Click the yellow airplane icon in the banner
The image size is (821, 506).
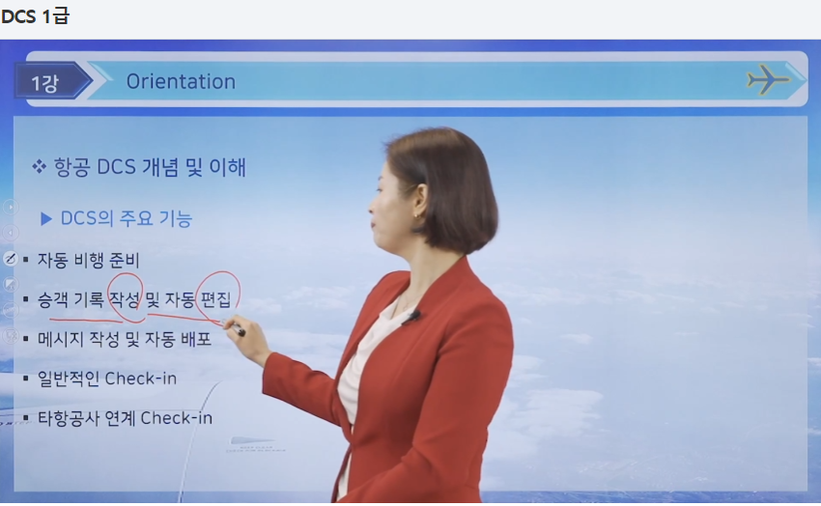pyautogui.click(x=768, y=79)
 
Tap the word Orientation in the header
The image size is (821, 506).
pyautogui.click(x=181, y=82)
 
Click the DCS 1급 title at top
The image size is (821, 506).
pyautogui.click(x=35, y=16)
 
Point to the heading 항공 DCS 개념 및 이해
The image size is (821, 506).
pyautogui.click(x=150, y=167)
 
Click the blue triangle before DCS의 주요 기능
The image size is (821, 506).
pyautogui.click(x=46, y=219)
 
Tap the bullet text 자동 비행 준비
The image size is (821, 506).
pyautogui.click(x=89, y=260)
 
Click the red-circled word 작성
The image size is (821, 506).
pyautogui.click(x=125, y=299)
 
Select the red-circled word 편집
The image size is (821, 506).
pyautogui.click(x=215, y=299)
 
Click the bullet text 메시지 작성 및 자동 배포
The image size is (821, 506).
pyautogui.click(x=125, y=339)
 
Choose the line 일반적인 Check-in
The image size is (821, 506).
pyautogui.click(x=107, y=378)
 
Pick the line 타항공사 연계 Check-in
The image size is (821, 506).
pyautogui.click(x=125, y=417)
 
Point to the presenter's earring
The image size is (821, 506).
pyautogui.click(x=417, y=214)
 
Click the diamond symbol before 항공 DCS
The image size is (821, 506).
pyautogui.click(x=40, y=167)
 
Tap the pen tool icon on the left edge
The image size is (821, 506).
pyautogui.click(x=10, y=259)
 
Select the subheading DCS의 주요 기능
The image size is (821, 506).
pyautogui.click(x=127, y=219)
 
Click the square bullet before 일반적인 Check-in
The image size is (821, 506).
pyautogui.click(x=25, y=378)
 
